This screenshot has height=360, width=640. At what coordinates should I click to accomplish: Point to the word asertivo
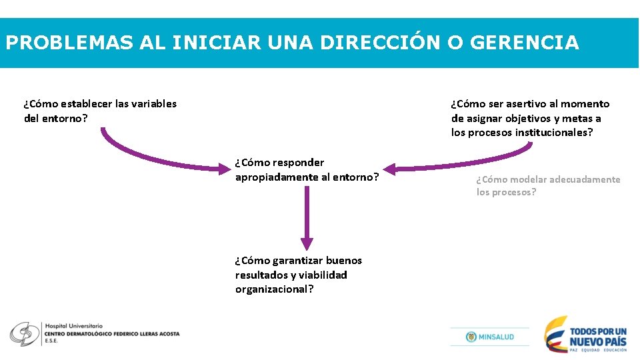pos(526,103)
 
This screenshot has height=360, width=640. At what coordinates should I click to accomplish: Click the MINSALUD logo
pos(490,337)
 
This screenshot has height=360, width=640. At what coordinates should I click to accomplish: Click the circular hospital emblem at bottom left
pos(24,334)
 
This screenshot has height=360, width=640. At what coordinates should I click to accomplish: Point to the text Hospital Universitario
pos(73,325)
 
